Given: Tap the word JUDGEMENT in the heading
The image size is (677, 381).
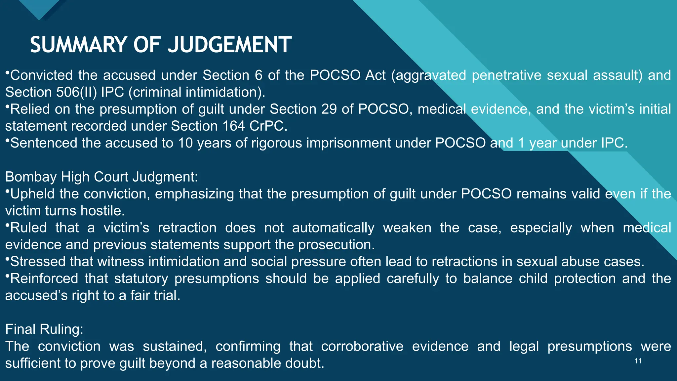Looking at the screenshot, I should point(229,45).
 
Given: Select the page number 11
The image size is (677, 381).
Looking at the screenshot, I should point(638,361).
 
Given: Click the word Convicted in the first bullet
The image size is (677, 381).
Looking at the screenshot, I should point(41,75).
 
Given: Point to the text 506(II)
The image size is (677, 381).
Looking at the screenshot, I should point(77,92).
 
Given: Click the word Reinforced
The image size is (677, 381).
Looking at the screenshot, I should point(44,278).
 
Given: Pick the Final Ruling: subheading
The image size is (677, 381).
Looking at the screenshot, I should point(44,329).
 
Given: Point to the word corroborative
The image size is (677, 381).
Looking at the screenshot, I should point(362,346).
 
